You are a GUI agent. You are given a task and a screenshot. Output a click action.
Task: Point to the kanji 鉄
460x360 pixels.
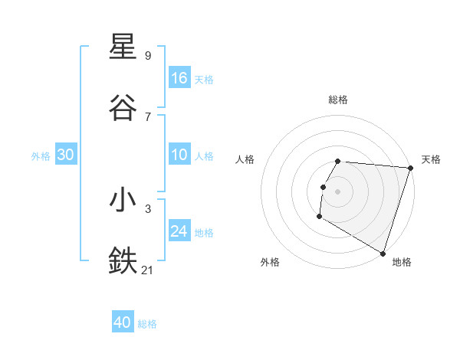pyautogui.click(x=123, y=260)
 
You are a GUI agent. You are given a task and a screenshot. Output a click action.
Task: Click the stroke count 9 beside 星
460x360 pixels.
pyautogui.click(x=148, y=55)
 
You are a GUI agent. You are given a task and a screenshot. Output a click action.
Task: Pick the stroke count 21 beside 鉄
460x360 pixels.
pyautogui.click(x=148, y=270)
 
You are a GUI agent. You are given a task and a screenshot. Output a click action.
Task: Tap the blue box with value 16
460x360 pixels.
pyautogui.click(x=179, y=78)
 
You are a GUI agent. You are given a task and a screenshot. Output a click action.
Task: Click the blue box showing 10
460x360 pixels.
pyautogui.click(x=179, y=155)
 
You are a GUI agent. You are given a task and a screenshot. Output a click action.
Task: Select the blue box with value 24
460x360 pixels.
pyautogui.click(x=179, y=231)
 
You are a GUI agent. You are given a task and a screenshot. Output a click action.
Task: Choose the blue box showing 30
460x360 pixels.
pyautogui.click(x=66, y=155)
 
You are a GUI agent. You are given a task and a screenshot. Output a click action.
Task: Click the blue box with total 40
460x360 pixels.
pyautogui.click(x=123, y=322)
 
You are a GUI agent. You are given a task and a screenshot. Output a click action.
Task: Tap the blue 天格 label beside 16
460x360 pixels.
pyautogui.click(x=204, y=80)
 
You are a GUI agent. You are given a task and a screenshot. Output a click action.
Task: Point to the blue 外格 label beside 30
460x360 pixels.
pyautogui.click(x=41, y=156)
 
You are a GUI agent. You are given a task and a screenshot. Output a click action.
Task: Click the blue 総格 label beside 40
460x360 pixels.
pyautogui.click(x=147, y=324)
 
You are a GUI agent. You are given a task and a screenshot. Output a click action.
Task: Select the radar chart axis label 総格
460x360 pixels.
pyautogui.click(x=338, y=100)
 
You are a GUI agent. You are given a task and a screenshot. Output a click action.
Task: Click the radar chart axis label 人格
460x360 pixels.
pyautogui.click(x=245, y=159)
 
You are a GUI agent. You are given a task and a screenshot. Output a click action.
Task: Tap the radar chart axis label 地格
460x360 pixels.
pyautogui.click(x=402, y=263)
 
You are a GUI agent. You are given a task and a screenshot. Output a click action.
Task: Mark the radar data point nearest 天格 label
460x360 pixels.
pyautogui.click(x=410, y=168)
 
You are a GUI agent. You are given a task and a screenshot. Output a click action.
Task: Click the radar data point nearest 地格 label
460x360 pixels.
pyautogui.click(x=383, y=253)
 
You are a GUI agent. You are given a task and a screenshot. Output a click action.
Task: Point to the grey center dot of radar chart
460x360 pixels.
pyautogui.click(x=338, y=191)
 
